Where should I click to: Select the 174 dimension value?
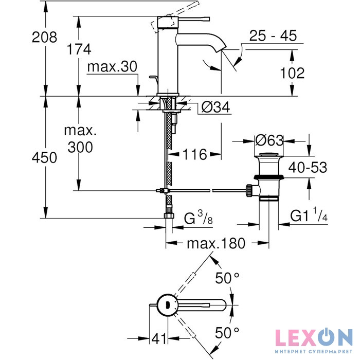point(79,49)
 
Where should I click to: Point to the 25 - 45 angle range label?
point(273,37)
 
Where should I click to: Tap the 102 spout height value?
point(293,73)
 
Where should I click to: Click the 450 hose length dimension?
point(44,158)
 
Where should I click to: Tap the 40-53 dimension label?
point(307,168)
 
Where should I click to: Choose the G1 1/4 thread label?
point(309,217)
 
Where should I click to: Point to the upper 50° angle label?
point(227,278)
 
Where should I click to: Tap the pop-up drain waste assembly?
point(267,177)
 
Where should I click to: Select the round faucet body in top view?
point(167,305)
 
